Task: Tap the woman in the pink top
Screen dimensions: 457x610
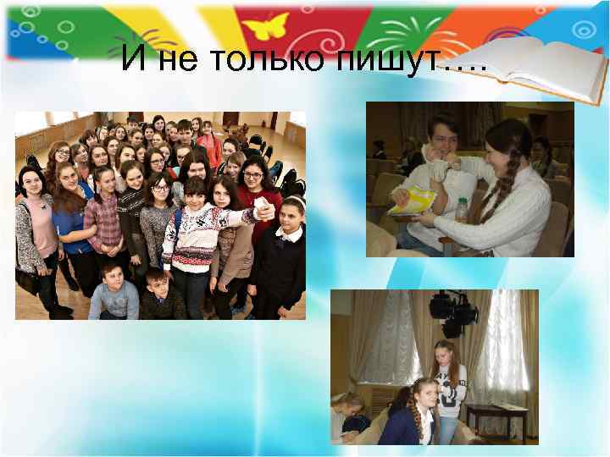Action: pos(36,228)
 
